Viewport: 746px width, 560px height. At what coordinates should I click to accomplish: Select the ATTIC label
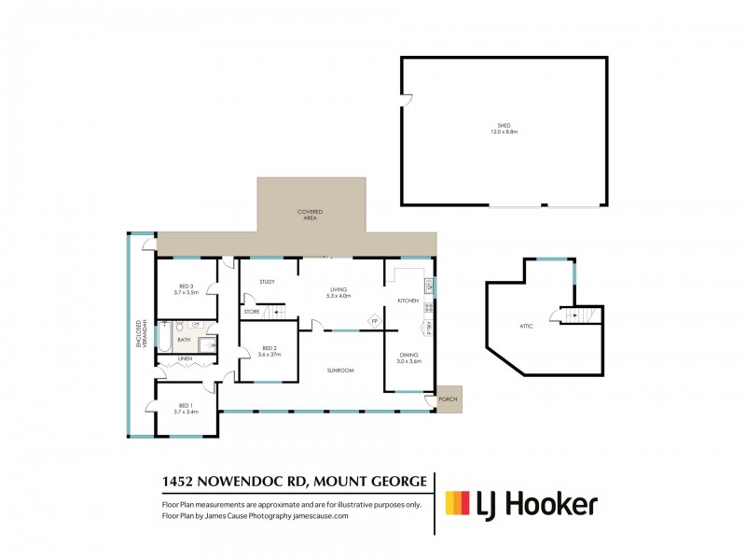526,326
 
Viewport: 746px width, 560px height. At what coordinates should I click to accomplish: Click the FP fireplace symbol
374,321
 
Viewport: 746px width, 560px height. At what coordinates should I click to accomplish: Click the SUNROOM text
340,371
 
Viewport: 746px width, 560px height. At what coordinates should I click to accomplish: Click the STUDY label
267,281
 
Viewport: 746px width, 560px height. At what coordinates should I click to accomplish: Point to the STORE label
252,311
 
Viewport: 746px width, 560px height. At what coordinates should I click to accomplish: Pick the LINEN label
185,358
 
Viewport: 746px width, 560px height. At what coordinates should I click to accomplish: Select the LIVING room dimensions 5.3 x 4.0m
338,296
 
